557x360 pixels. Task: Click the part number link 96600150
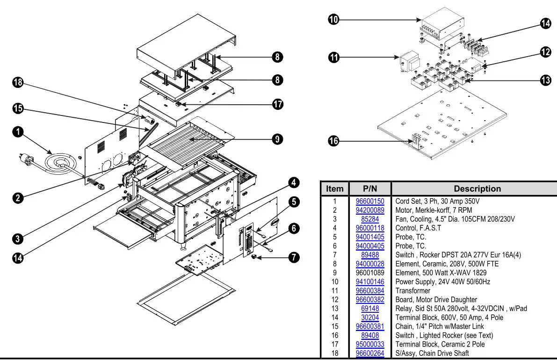pos(370,202)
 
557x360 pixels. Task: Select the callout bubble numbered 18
pos(17,83)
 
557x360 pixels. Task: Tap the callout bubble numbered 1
pos(17,132)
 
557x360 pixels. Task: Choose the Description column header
pos(477,189)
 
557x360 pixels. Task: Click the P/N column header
pos(370,189)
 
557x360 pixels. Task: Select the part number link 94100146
pos(370,281)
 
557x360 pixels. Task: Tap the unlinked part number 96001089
pos(370,273)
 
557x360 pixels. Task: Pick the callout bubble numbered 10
pos(333,20)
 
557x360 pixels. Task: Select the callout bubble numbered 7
pos(294,257)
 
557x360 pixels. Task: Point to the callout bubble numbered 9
pos(278,139)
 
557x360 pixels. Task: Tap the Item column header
pos(334,189)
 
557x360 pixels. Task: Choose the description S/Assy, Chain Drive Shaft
pos(432,353)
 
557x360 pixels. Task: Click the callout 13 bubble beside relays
pos(546,80)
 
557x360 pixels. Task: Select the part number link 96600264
pos(370,353)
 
